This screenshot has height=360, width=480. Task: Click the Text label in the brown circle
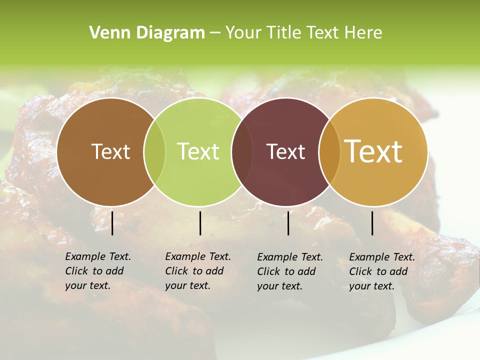coord(110,151)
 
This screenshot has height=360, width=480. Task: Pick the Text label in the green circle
coord(198,151)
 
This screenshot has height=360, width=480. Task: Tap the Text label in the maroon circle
coord(285,151)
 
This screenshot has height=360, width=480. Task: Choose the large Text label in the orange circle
coord(373,151)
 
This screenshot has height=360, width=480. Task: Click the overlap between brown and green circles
coord(154,151)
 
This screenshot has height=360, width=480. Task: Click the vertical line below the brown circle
coord(112,223)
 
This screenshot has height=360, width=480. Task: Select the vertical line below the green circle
coord(200,223)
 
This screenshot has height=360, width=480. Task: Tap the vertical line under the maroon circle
coord(288,223)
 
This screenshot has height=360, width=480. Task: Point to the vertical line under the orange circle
coord(372,223)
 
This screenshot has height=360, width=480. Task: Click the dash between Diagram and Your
coord(215,33)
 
